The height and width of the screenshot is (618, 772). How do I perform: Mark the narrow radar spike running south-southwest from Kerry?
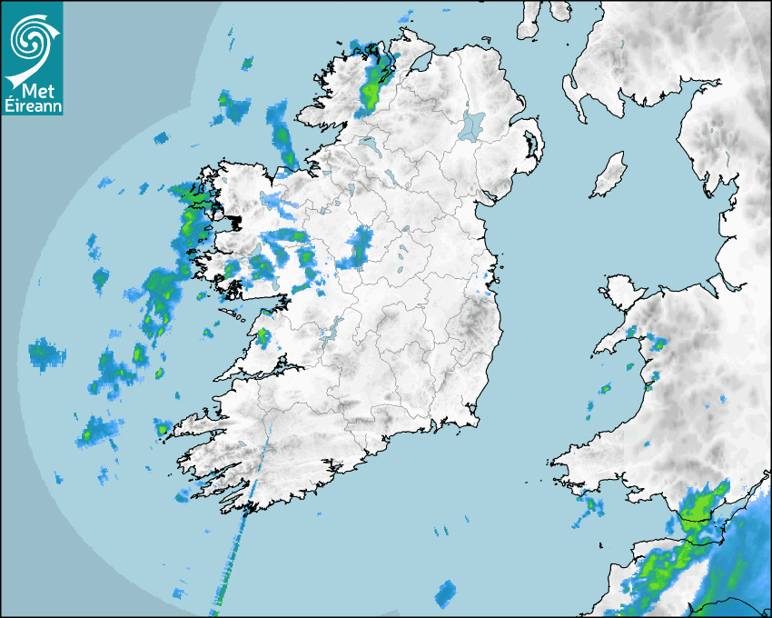pyautogui.click(x=238, y=536)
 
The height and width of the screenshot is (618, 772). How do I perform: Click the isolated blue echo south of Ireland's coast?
pyautogui.click(x=444, y=594)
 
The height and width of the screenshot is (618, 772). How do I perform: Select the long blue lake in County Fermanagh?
pyautogui.click(x=371, y=145)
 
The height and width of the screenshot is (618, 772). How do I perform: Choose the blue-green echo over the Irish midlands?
pyautogui.click(x=359, y=246)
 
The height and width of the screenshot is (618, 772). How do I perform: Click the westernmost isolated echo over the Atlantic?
pyautogui.click(x=45, y=354)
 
